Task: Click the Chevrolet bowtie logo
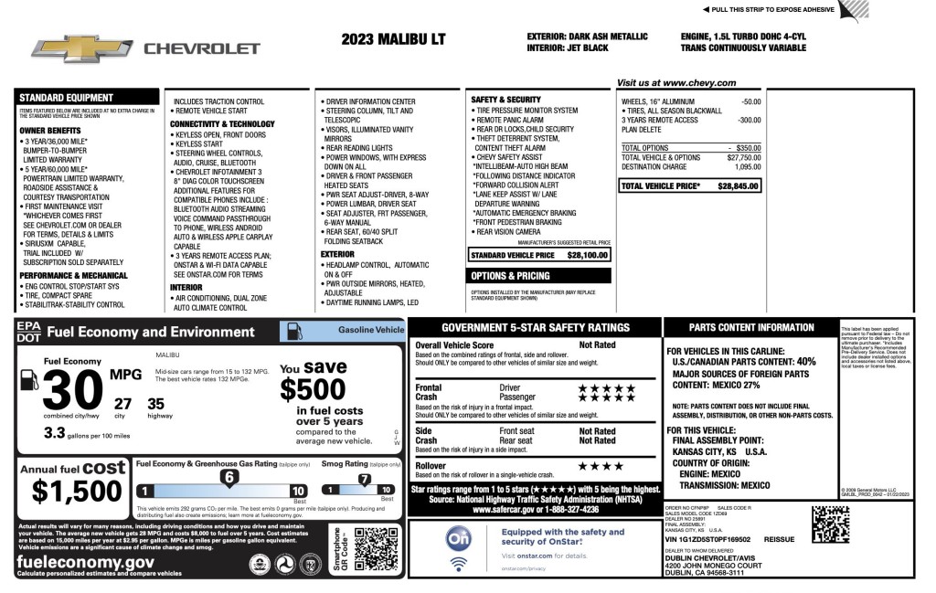[x=81, y=48]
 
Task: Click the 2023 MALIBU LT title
[x=393, y=39]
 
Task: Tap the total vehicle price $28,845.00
[x=739, y=185]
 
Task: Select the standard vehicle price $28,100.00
[x=589, y=255]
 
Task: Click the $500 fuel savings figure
[x=313, y=390]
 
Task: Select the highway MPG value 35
[x=155, y=404]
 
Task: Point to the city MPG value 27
[x=122, y=404]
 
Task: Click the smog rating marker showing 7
[x=364, y=479]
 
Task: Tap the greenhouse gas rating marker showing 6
[x=230, y=477]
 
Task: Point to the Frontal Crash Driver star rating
[x=606, y=387]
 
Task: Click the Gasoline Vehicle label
[x=370, y=329]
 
